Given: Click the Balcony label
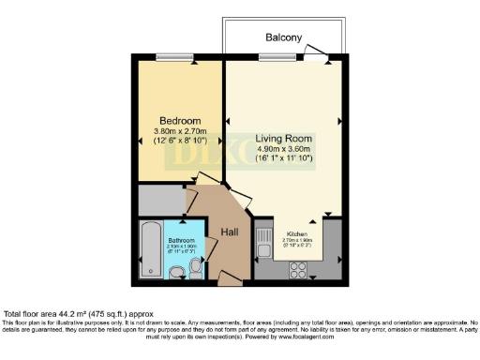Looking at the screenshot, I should [283, 38].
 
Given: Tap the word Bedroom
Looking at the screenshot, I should [178, 122].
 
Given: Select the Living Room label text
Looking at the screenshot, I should [283, 137].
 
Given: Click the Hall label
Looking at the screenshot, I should [230, 232].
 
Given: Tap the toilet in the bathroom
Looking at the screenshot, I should [195, 270].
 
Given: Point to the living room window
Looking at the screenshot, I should [273, 56].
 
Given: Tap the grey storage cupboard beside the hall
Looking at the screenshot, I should [161, 200].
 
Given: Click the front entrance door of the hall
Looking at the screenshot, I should [228, 277].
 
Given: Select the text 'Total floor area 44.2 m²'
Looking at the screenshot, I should [56, 313].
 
